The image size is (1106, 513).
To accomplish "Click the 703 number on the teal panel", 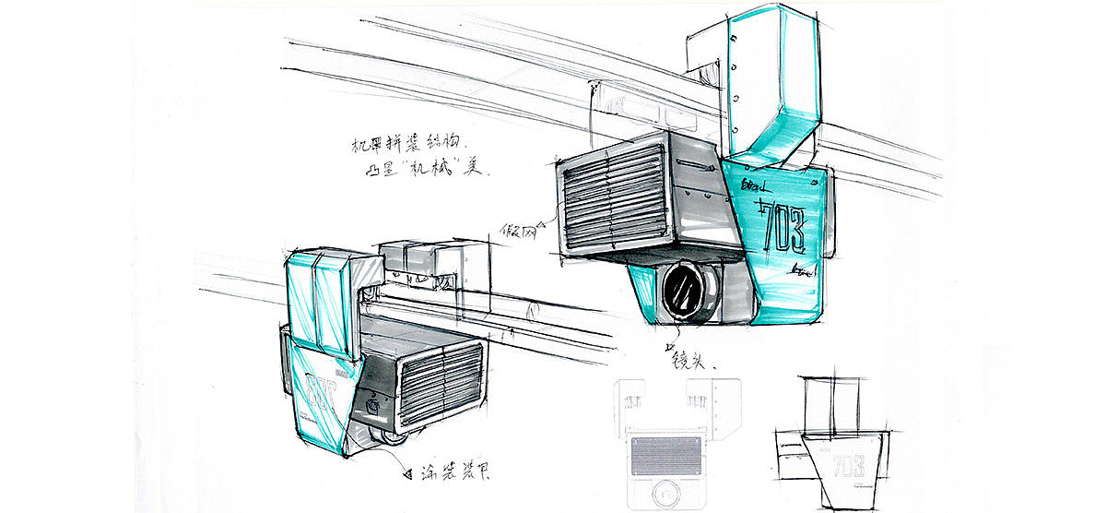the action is [782, 225].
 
